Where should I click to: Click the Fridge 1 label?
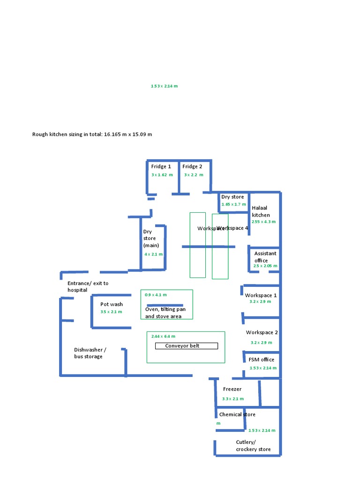[x=161, y=166]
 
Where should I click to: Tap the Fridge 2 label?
[x=192, y=166]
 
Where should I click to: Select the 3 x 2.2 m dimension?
[x=194, y=175]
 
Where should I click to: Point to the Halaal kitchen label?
[x=261, y=211]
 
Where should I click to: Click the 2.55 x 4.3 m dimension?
[x=263, y=222]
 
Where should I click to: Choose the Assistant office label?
[x=265, y=257]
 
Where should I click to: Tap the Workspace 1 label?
[x=261, y=295]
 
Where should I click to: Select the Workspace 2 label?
[x=262, y=332]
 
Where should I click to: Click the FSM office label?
[x=262, y=360]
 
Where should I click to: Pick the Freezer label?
[x=232, y=389]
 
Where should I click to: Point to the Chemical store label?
[x=237, y=414]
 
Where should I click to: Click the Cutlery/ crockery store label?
[x=253, y=446]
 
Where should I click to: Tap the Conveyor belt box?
[x=187, y=346]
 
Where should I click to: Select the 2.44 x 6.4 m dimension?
[x=163, y=336]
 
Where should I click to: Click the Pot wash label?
[x=112, y=304]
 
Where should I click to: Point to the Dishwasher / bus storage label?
[x=90, y=353]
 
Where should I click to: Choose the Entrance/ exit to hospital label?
[x=88, y=286]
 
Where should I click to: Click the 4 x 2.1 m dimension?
[x=154, y=254]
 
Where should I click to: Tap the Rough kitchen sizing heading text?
[x=92, y=135]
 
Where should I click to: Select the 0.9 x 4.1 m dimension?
[x=156, y=295]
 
